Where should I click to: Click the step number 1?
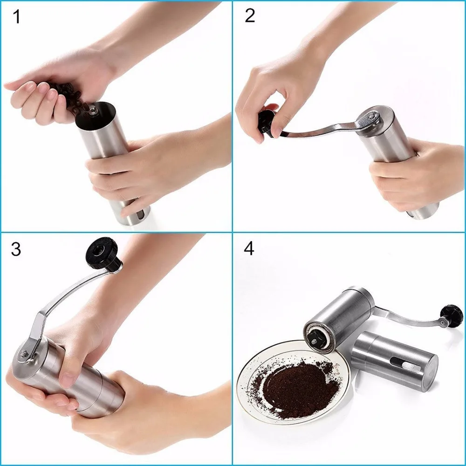tap(16, 17)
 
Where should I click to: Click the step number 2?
tap(250, 16)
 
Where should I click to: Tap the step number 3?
tap(16, 249)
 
